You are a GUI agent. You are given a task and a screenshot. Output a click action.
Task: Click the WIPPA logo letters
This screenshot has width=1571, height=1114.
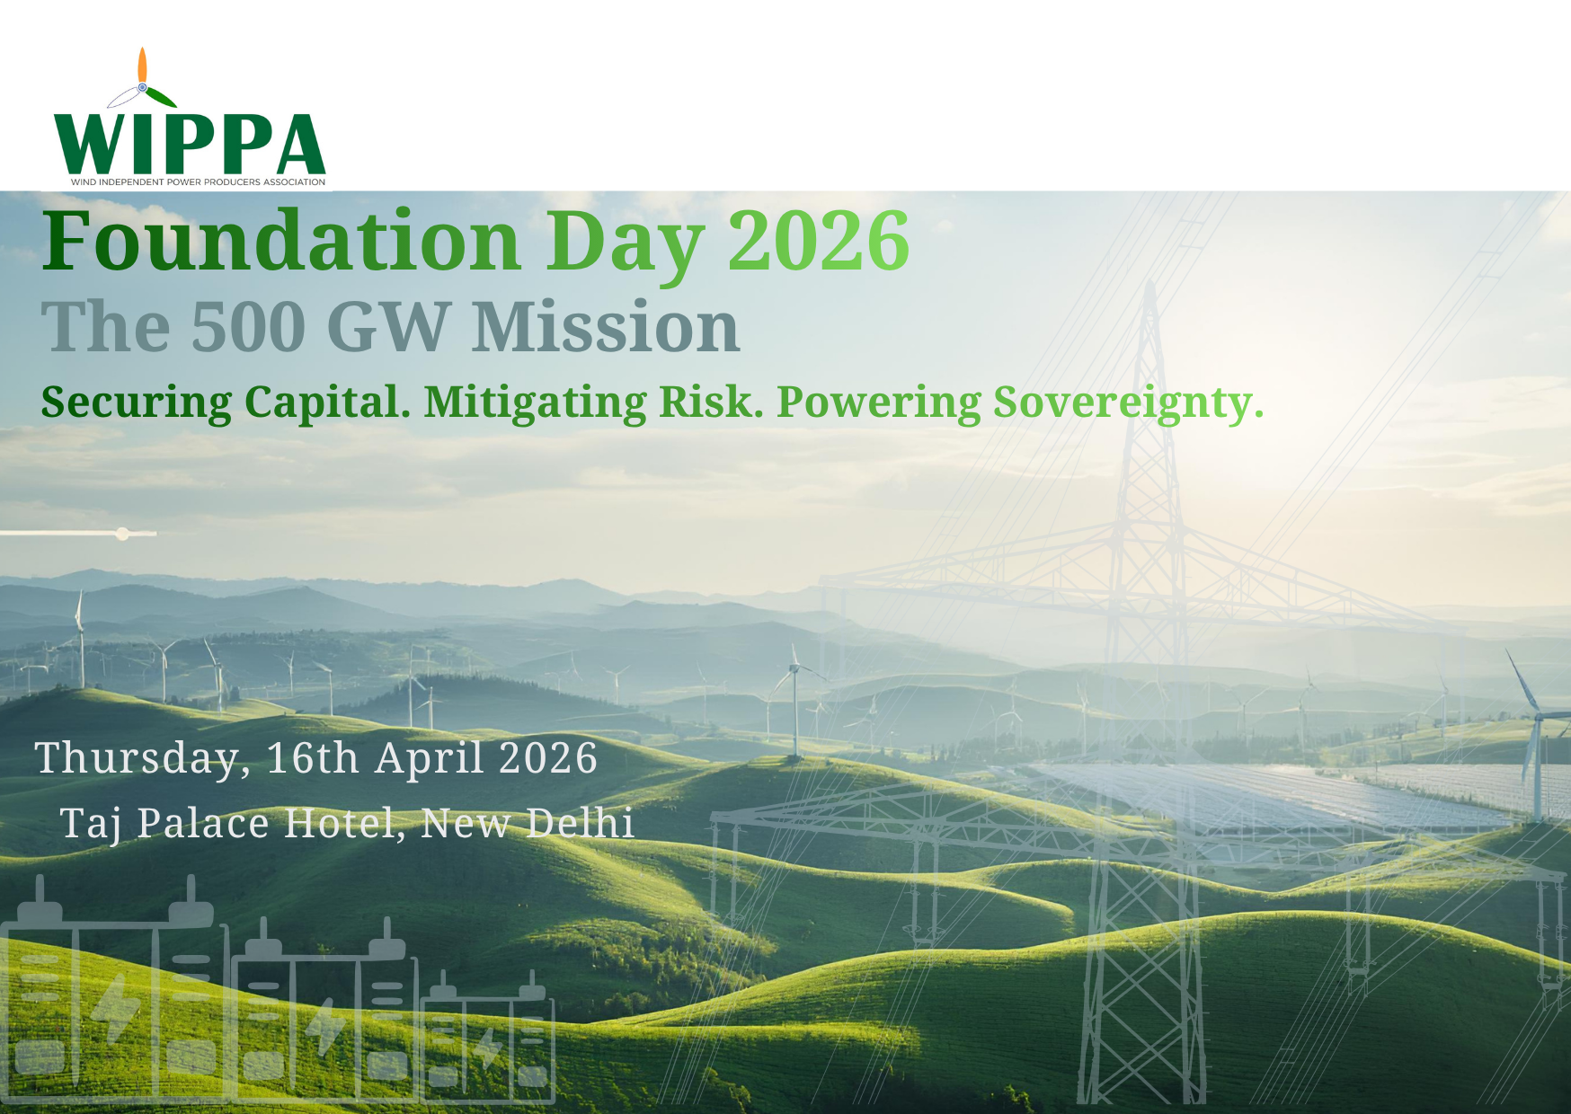click(190, 144)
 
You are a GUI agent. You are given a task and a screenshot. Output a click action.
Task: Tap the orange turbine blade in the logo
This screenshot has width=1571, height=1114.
click(142, 65)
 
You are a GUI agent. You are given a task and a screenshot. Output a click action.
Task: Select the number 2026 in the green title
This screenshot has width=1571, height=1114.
click(819, 240)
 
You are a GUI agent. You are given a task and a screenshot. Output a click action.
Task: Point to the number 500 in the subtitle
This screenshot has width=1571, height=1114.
click(249, 326)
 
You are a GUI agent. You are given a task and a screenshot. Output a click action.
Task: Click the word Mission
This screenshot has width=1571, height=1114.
click(606, 325)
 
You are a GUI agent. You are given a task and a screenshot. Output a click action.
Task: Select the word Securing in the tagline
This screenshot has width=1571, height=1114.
click(137, 403)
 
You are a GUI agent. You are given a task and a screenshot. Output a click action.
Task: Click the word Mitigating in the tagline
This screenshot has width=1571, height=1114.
click(535, 403)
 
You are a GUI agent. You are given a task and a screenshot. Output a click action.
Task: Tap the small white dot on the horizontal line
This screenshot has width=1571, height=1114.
click(122, 534)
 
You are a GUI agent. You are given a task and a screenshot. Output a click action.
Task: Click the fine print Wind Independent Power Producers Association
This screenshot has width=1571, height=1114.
click(198, 182)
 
